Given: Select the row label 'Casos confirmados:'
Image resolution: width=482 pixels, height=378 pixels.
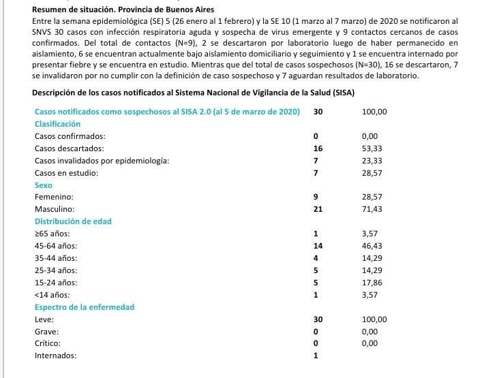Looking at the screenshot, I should point(70,136).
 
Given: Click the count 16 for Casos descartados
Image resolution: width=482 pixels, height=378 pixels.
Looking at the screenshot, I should point(317,148).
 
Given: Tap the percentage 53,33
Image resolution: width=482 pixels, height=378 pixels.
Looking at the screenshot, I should point(372,148).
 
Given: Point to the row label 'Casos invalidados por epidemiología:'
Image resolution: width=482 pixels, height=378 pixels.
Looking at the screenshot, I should point(102,161).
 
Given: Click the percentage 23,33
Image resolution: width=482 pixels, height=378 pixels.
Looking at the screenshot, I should point(372,161).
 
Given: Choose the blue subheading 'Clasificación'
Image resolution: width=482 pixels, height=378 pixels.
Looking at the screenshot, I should point(57,124).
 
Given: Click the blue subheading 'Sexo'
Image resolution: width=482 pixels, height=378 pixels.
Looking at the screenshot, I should point(44,185).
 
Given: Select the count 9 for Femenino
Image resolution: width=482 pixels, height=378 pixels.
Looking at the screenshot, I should point(315,197).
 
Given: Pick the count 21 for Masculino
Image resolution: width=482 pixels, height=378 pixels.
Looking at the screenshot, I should point(317,209).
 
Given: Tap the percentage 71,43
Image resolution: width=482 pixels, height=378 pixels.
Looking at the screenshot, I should point(372,209).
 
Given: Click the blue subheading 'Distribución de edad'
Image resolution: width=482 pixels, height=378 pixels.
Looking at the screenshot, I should point(73,221).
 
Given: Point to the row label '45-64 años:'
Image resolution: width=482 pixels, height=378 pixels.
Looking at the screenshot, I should point(56,246).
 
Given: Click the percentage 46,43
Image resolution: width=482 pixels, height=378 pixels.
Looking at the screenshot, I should point(372,246).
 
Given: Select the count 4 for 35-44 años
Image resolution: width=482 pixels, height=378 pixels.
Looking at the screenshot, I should point(315,258).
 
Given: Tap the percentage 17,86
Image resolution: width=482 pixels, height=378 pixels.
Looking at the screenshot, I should point(372,283).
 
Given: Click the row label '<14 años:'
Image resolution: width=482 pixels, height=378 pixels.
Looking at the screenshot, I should point(52,295).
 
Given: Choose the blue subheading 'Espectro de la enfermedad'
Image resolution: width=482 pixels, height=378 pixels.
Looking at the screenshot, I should point(85,307).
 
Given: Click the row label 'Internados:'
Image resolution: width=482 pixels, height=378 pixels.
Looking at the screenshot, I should point(55,356).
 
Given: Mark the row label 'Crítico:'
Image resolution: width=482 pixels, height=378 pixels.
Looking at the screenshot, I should point(48,343).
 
